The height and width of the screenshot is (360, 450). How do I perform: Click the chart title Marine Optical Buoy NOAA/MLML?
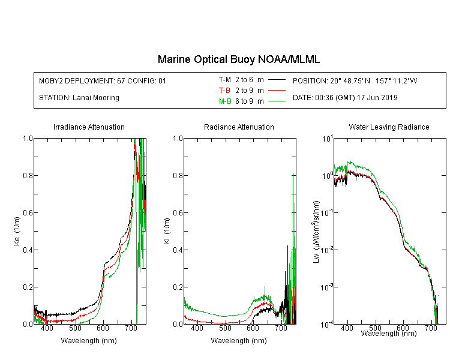pyautogui.click(x=238, y=59)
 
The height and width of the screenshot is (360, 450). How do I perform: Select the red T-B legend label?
pyautogui.click(x=224, y=91)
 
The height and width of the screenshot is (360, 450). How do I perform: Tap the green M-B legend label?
pyautogui.click(x=225, y=101)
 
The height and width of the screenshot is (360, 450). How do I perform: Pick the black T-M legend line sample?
pyautogui.click(x=277, y=80)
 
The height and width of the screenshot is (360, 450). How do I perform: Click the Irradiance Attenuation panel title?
pyautogui.click(x=89, y=127)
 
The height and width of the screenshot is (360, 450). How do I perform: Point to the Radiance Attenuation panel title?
pyautogui.click(x=239, y=127)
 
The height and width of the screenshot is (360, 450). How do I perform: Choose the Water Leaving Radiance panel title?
pyautogui.click(x=389, y=127)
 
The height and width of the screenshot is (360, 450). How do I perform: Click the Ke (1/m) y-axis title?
pyautogui.click(x=17, y=231)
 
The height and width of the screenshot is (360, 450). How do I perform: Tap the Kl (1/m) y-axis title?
pyautogui.click(x=167, y=231)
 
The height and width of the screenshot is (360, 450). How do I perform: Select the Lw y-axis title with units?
pyautogui.click(x=316, y=232)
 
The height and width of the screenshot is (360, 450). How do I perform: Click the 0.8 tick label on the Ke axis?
pyautogui.click(x=28, y=175)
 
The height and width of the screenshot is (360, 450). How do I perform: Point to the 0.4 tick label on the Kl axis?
pyautogui.click(x=178, y=250)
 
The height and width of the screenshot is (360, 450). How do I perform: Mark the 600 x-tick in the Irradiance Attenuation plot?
pyautogui.click(x=103, y=328)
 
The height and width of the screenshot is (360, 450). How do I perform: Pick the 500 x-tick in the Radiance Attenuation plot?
pyautogui.click(x=225, y=328)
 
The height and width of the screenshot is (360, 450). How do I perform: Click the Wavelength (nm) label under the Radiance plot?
pyautogui.click(x=239, y=340)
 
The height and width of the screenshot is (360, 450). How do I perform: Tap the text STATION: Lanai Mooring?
pyautogui.click(x=79, y=98)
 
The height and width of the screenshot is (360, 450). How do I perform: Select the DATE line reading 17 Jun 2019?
pyautogui.click(x=345, y=98)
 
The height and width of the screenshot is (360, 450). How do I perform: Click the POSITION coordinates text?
pyautogui.click(x=355, y=80)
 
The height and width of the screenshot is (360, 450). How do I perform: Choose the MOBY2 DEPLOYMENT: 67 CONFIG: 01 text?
pyautogui.click(x=103, y=80)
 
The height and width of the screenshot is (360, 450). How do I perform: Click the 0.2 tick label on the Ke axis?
pyautogui.click(x=28, y=287)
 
